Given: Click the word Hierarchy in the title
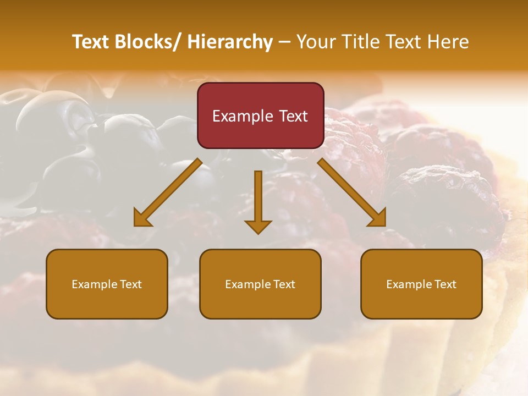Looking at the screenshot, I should pos(230,42).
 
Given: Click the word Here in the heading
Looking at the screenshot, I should pos(448,42).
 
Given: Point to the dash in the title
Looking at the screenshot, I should pos(284,42).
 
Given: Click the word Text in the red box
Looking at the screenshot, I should pos(293,116).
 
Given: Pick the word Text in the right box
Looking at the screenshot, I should pos(445,284).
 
